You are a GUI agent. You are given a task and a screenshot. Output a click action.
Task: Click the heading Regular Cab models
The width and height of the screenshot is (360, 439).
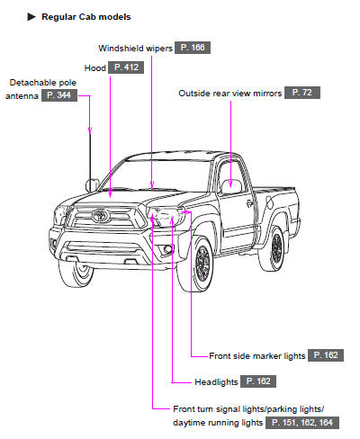(x=86, y=17)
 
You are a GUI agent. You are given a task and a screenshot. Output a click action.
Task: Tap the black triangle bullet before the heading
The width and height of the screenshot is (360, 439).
(x=31, y=17)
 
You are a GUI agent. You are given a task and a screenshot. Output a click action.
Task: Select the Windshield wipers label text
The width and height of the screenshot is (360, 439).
(x=135, y=48)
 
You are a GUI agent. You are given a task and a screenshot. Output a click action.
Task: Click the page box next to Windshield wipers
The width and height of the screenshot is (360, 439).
(x=193, y=48)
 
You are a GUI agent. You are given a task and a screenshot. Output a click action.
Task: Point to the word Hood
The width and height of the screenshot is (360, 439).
(x=95, y=68)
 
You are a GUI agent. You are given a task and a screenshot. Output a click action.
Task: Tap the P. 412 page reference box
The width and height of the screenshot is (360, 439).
(x=126, y=67)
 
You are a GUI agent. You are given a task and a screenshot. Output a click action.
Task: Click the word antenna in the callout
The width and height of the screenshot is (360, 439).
(x=22, y=96)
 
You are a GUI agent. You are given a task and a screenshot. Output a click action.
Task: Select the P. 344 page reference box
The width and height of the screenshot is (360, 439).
(x=59, y=95)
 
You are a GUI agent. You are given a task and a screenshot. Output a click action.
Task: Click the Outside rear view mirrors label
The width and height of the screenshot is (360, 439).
(x=230, y=94)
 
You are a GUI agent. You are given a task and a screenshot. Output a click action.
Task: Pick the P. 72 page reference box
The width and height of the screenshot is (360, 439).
(x=302, y=93)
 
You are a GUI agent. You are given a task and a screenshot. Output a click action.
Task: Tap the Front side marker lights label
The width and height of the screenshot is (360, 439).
(x=257, y=356)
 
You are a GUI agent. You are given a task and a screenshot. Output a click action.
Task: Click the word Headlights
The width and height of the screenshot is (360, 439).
(x=216, y=382)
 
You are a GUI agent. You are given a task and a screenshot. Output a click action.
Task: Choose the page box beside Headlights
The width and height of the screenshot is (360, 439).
(x=258, y=381)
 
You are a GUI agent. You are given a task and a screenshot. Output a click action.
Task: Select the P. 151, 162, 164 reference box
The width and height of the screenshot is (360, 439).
(x=302, y=423)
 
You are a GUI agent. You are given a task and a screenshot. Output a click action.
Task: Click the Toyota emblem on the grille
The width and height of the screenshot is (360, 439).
(x=101, y=215)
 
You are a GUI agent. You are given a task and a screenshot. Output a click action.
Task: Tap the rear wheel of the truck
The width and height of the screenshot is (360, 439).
(x=274, y=249)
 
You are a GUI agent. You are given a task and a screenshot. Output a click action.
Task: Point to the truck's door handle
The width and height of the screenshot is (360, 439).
(x=249, y=203)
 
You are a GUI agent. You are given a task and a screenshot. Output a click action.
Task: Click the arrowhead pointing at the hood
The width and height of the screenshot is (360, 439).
(x=111, y=194)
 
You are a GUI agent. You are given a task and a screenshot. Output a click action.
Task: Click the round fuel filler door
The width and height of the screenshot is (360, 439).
(x=269, y=202)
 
